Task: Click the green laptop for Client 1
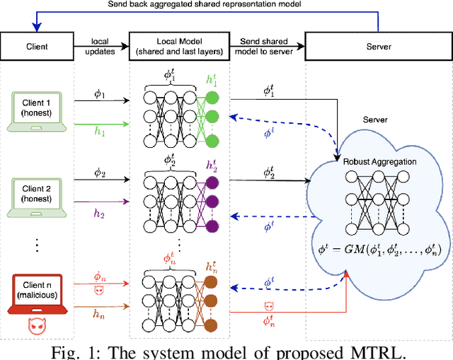tap(36, 114)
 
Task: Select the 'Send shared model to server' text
tap(268, 47)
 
